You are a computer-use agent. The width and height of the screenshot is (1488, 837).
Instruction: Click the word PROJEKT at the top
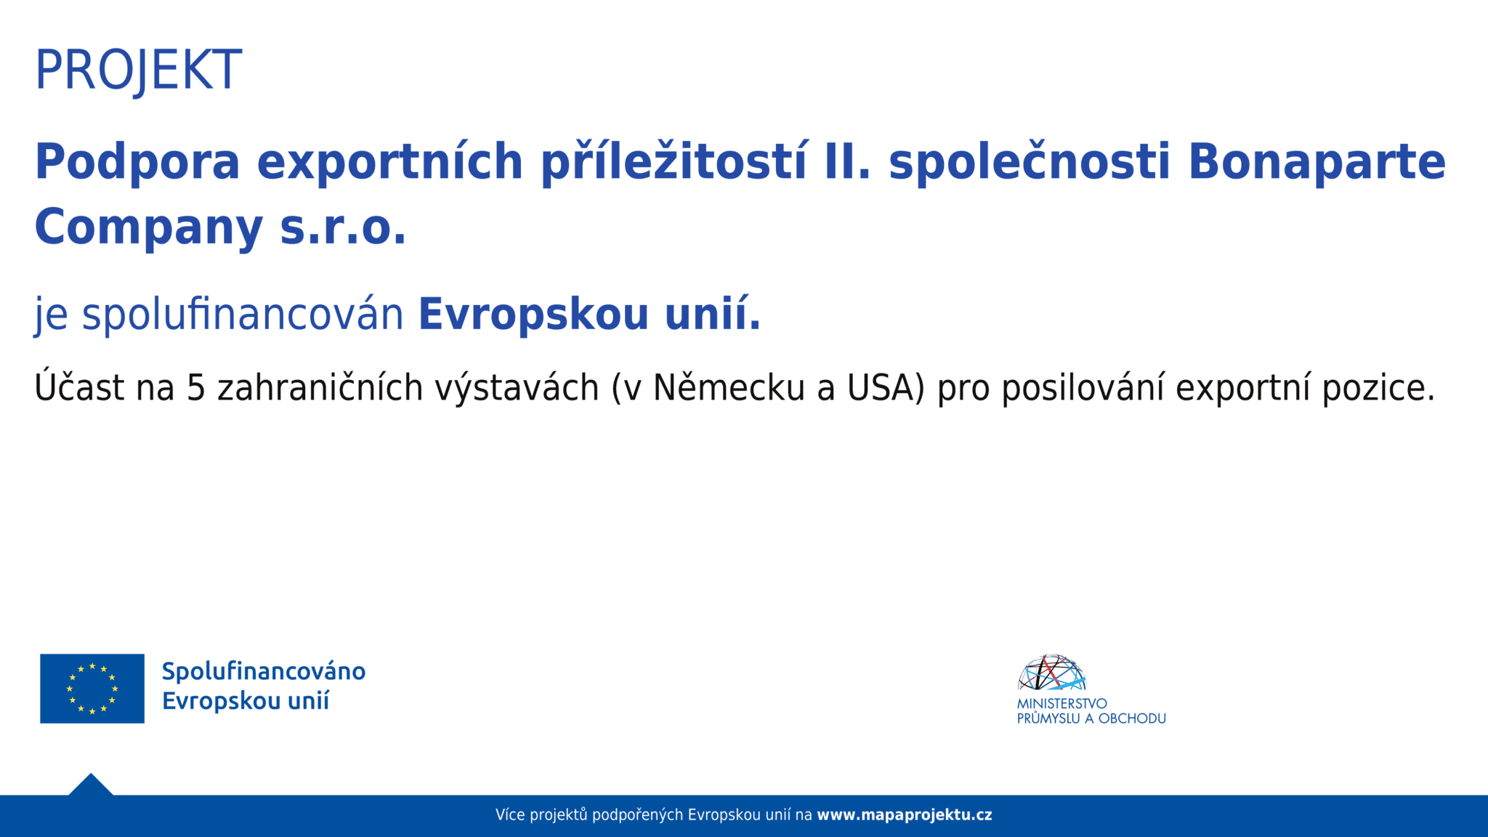click(x=138, y=70)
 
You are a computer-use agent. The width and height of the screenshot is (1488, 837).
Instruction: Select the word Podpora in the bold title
click(x=137, y=161)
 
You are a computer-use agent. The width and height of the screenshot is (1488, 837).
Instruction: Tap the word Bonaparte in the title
click(x=1317, y=161)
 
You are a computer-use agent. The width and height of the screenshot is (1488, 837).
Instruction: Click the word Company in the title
click(x=149, y=227)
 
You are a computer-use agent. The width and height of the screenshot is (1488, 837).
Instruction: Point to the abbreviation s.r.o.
click(x=343, y=227)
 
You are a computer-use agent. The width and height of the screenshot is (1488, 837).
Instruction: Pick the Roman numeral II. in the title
click(x=847, y=161)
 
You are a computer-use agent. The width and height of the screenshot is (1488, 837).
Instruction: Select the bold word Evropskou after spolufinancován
click(x=533, y=314)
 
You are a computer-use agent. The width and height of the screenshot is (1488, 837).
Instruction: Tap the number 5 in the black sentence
click(x=196, y=387)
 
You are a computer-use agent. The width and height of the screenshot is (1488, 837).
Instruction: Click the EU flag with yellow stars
click(x=92, y=688)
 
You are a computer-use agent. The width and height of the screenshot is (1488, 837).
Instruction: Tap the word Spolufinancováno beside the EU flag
click(x=263, y=671)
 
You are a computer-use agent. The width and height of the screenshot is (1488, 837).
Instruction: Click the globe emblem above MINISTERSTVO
click(x=1051, y=673)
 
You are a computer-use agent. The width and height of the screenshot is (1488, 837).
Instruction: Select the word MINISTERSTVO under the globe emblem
click(x=1062, y=703)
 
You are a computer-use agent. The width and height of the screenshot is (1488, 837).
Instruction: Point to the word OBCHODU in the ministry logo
click(x=1131, y=719)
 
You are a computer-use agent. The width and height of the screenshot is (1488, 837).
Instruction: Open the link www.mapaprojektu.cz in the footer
click(x=904, y=815)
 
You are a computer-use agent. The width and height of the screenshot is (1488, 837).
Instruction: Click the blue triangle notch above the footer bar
click(x=91, y=785)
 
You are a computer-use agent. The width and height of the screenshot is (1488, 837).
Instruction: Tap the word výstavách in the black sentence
click(x=517, y=387)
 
